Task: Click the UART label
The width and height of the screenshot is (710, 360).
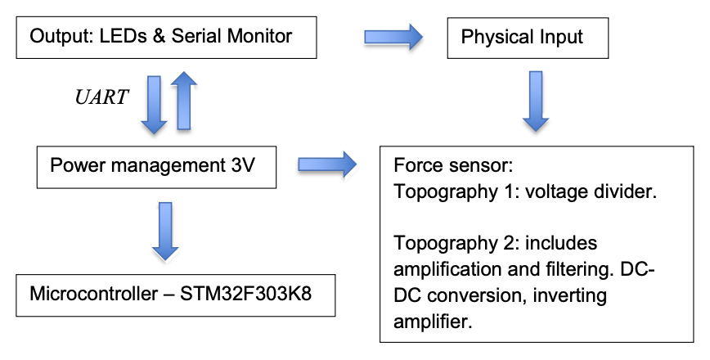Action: click(101, 97)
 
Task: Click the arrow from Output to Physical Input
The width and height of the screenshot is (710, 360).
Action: click(392, 35)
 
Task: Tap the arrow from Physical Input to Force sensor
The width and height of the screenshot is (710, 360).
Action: click(535, 101)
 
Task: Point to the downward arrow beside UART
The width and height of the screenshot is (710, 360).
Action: click(153, 103)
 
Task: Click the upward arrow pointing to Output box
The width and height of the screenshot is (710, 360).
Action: click(185, 100)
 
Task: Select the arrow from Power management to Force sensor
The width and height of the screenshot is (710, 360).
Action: click(326, 164)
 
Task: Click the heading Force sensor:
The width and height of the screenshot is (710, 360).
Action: click(452, 167)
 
